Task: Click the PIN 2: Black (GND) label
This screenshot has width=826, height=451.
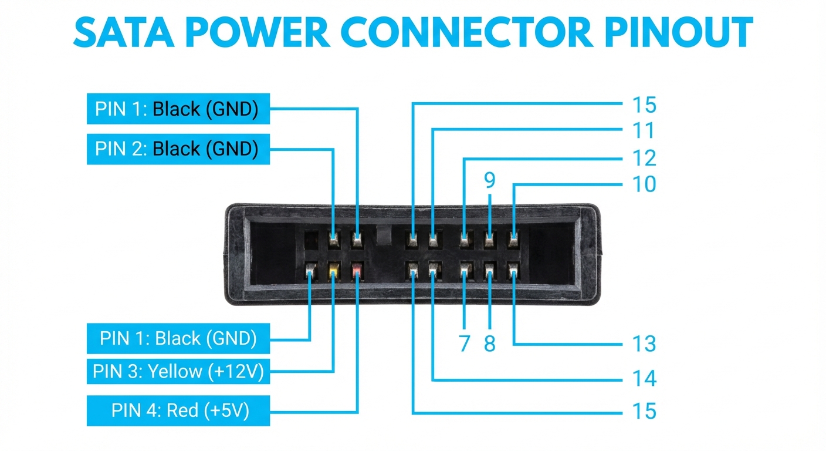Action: (178, 149)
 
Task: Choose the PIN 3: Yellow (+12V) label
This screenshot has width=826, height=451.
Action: (178, 371)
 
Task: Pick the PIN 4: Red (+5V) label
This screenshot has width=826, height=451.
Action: (178, 410)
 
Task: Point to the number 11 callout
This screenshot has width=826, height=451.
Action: (643, 130)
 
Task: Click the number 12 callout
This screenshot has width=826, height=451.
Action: (643, 158)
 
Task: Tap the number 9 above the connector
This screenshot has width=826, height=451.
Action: (489, 181)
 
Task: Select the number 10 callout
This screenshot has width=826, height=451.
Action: (643, 184)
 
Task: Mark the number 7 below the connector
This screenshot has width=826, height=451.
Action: (464, 344)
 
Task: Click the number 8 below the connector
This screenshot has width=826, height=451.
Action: (489, 344)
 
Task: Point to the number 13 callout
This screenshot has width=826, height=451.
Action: (643, 344)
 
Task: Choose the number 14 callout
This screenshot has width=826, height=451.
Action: (643, 379)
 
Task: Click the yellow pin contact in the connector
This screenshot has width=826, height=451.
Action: (333, 271)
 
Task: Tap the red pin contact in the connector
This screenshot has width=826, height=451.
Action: (357, 271)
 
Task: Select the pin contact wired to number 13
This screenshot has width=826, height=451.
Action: (513, 271)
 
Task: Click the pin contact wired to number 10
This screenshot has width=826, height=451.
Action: (513, 238)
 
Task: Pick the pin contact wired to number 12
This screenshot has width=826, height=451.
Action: (465, 238)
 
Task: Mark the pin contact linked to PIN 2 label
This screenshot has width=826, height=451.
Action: (333, 238)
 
